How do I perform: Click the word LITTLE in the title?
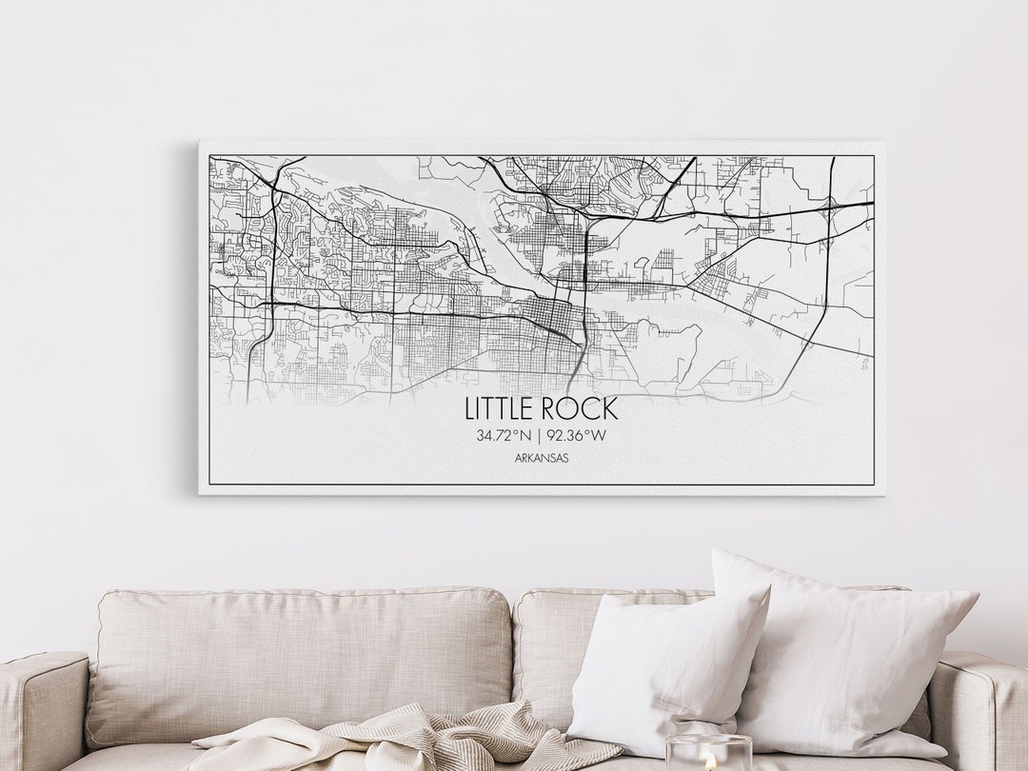500,408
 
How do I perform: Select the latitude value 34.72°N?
504,436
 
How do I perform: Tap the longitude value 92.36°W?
576,436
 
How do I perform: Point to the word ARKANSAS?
541,458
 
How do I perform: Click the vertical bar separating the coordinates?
539,436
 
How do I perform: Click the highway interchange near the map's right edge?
830,204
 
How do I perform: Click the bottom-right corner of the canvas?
881,493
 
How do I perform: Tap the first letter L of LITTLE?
470,408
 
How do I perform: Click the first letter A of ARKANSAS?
516,458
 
